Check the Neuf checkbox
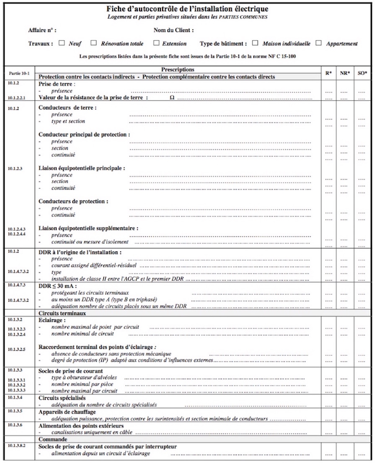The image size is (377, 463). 62,43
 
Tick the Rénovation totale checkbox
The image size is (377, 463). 94,43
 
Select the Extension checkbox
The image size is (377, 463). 156,43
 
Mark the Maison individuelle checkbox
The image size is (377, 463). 255,43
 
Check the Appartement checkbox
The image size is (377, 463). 319,43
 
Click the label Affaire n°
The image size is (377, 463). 42,31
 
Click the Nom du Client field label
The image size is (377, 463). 173,31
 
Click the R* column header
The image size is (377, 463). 329,73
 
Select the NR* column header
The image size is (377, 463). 345,73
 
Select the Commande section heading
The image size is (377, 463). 53,439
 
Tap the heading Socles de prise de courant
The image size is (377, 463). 70,371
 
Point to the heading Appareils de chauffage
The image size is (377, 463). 67,411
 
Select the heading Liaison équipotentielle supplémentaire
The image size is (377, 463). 88,228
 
